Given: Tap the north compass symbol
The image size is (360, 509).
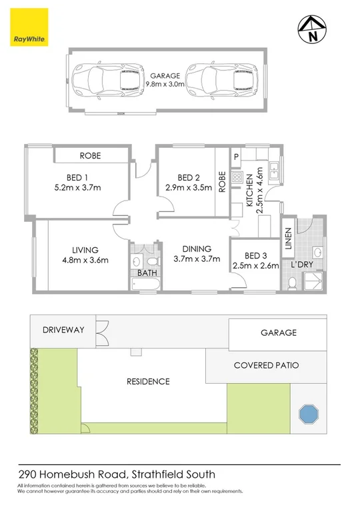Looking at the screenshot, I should pyautogui.click(x=311, y=29).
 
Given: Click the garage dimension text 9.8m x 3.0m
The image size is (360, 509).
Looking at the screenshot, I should pyautogui.click(x=167, y=85).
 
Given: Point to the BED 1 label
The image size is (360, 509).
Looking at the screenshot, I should pyautogui.click(x=77, y=177).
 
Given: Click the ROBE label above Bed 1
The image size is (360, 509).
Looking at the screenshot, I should pyautogui.click(x=90, y=155).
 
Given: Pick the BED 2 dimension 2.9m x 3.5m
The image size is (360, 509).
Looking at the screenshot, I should pyautogui.click(x=189, y=188).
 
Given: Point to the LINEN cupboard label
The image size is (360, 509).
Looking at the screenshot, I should pyautogui.click(x=288, y=240).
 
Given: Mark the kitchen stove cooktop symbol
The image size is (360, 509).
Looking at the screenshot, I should pyautogui.click(x=236, y=178).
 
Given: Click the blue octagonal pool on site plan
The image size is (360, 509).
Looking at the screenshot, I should pyautogui.click(x=309, y=414).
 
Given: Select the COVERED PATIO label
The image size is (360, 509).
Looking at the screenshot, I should pyautogui.click(x=266, y=366).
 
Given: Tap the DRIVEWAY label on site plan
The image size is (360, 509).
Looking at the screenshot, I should pyautogui.click(x=62, y=330).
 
